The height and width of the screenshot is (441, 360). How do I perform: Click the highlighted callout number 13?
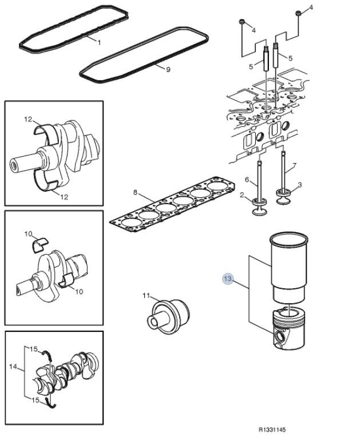tap(228, 279)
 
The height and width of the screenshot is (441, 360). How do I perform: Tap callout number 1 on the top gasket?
tap(98, 42)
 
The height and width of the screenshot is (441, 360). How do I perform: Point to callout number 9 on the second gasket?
tap(168, 70)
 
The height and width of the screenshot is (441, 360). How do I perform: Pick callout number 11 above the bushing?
tap(145, 295)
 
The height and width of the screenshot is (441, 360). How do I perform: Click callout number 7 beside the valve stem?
tap(295, 166)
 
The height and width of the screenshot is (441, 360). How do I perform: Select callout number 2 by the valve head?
tap(243, 196)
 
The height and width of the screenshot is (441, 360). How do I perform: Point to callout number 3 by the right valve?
tap(300, 184)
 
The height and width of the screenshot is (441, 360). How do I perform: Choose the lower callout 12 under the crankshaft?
tap(64, 197)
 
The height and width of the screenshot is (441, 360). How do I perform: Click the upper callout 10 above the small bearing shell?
tap(27, 235)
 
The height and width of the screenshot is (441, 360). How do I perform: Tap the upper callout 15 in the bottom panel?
tap(34, 348)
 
